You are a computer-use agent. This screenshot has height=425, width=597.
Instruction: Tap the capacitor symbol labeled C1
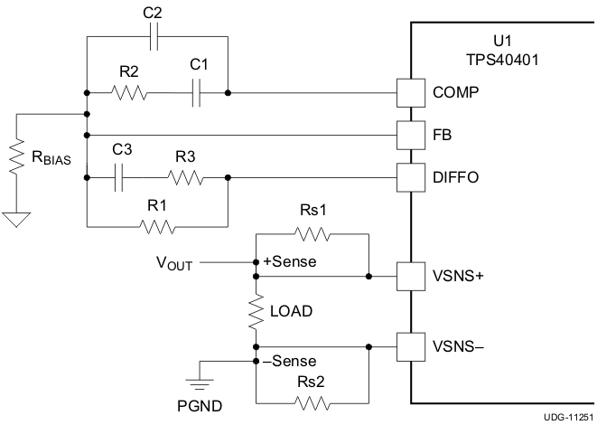click(196, 92)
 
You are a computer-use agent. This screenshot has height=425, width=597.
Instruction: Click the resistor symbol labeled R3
click(185, 178)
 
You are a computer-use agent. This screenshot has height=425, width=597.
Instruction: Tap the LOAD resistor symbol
click(257, 311)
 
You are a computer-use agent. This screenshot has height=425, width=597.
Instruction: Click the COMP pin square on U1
click(411, 92)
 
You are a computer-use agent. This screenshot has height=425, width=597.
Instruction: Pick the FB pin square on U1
click(411, 135)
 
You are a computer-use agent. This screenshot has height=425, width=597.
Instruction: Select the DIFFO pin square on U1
click(411, 178)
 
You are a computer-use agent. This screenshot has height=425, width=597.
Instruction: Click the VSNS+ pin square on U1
click(411, 275)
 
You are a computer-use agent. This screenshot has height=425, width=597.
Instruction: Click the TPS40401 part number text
click(503, 60)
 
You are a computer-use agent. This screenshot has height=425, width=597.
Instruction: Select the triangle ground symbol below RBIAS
click(16, 217)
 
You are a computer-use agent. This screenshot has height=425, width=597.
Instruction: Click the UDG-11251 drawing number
click(569, 418)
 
